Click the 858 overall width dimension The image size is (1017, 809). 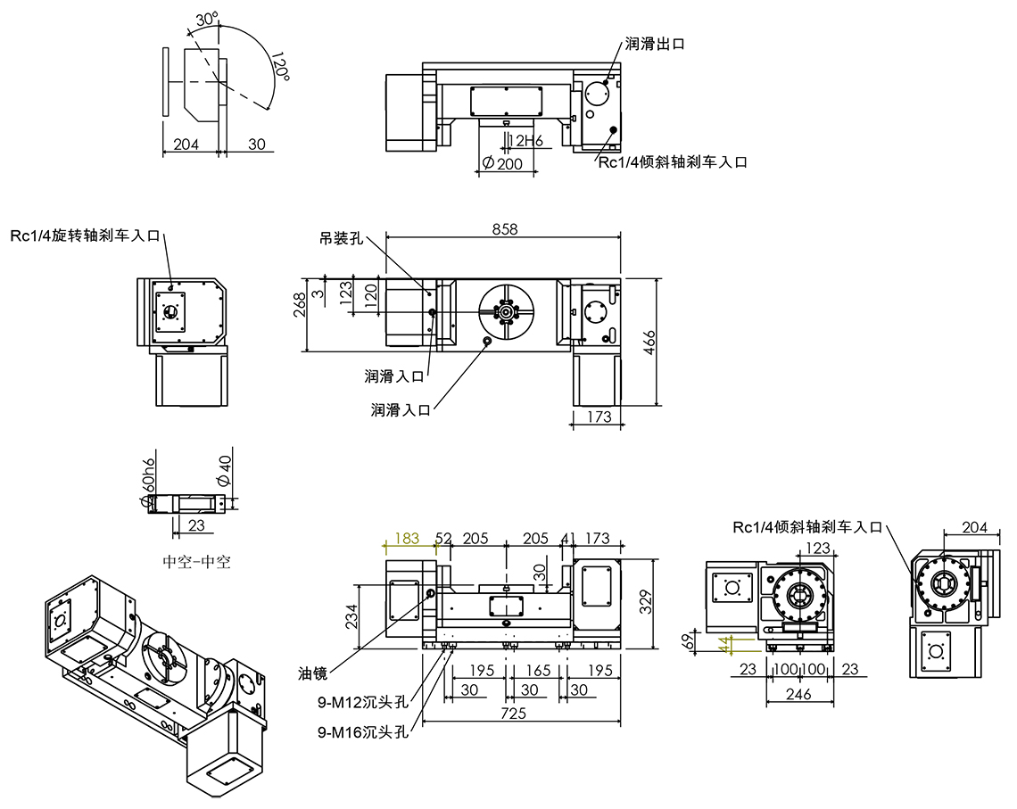tap(504, 229)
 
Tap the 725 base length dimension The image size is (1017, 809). tap(514, 713)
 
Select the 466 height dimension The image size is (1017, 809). tap(650, 342)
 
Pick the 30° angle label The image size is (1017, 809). tap(206, 19)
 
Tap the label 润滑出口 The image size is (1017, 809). tap(655, 43)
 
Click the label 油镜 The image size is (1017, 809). tap(313, 673)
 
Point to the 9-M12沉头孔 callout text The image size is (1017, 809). tap(362, 701)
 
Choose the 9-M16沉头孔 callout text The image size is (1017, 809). tap(362, 732)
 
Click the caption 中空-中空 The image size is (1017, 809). tap(196, 562)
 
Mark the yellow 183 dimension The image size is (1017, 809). tap(407, 539)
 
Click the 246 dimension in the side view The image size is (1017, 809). tap(798, 694)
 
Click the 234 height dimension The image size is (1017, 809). tap(352, 615)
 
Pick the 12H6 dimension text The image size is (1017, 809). tap(525, 140)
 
